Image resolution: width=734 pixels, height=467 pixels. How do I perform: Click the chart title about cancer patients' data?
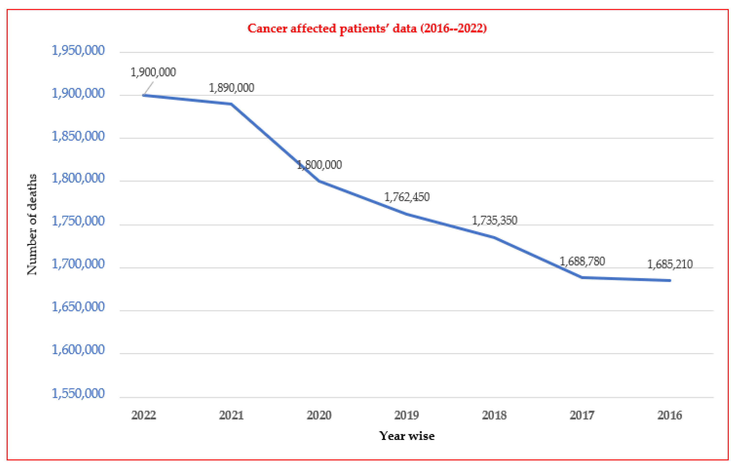coord(367,28)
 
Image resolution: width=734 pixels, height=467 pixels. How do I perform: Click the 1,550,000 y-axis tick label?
coord(78,394)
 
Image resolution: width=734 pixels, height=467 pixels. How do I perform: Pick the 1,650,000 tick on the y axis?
coord(78,307)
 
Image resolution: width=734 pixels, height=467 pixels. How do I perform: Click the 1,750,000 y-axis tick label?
coord(78,221)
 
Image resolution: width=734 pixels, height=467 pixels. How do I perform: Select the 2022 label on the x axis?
coord(144,415)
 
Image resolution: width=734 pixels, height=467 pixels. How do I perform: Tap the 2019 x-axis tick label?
coord(407,415)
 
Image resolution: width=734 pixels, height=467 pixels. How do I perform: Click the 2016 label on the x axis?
coord(669,415)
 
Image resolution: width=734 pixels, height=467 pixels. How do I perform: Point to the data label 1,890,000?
coord(231,88)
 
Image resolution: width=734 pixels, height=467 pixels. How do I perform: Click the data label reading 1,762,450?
coord(407,197)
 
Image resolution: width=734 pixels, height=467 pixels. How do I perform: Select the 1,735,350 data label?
coord(494,220)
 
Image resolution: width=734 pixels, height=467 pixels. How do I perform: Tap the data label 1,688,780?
coord(582,261)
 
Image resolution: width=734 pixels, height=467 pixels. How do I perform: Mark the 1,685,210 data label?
coord(670,264)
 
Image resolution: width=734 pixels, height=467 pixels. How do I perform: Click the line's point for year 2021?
coord(231,104)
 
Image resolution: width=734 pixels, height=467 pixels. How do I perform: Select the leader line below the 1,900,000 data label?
coord(149,88)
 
